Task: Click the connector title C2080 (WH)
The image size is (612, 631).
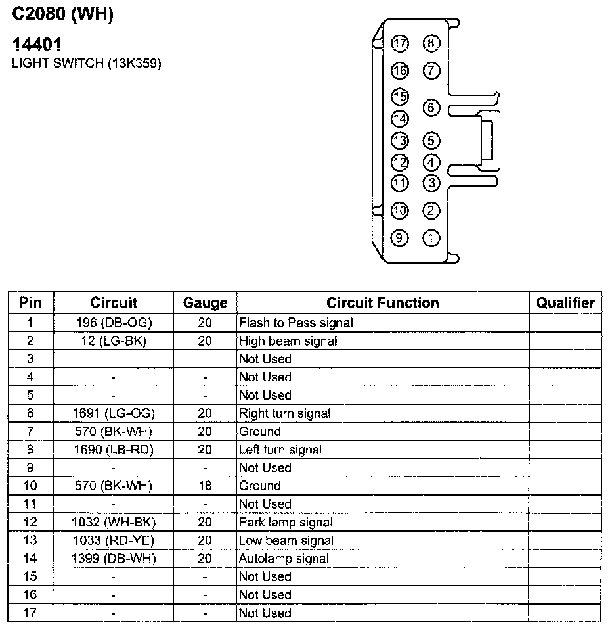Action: [63, 14]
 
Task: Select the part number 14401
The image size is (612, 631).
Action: [38, 45]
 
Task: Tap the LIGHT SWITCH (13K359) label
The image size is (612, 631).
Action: [87, 64]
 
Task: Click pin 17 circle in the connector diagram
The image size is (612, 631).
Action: [400, 44]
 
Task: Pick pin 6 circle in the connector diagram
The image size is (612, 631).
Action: [431, 108]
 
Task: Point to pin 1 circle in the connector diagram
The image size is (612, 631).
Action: [431, 237]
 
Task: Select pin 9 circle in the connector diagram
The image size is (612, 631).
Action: [400, 237]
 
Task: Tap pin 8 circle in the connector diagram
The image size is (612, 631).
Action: [431, 44]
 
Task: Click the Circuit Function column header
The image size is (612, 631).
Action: [383, 303]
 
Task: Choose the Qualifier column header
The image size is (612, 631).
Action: [565, 303]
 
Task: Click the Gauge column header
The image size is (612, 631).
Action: [205, 303]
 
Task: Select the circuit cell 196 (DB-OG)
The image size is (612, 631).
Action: [114, 323]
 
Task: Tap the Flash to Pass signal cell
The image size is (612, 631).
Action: [296, 323]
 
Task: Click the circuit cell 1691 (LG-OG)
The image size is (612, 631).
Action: [114, 413]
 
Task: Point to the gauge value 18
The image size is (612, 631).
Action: [205, 486]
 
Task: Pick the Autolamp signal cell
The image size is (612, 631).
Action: [284, 559]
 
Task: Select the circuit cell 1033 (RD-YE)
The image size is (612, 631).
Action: [114, 540]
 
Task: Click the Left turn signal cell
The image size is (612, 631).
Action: [280, 450]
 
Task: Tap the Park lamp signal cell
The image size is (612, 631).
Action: [286, 523]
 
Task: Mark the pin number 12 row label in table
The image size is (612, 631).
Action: [30, 523]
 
